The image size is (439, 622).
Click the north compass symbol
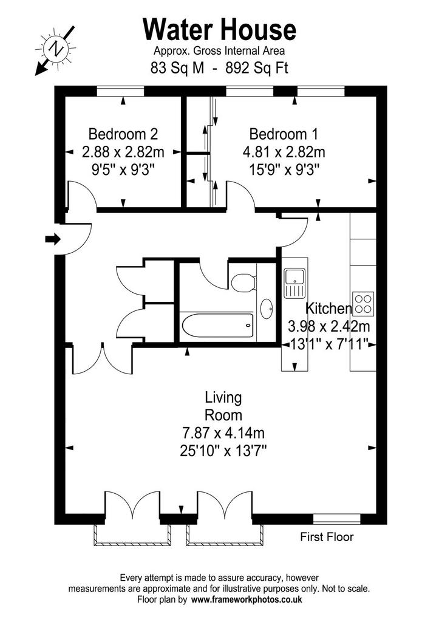[x=56, y=50]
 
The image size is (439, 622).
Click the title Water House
[x=219, y=30]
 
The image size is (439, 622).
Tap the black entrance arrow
[x=52, y=239]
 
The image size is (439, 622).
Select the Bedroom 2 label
[x=123, y=134]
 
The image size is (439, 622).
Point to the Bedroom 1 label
[x=284, y=134]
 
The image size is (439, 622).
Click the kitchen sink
[x=294, y=283]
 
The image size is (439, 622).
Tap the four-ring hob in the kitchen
[x=363, y=304]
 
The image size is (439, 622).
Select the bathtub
[x=217, y=326]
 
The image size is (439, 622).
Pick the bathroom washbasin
[x=267, y=309]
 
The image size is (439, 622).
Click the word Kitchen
[x=328, y=308]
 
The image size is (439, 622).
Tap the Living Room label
[x=223, y=406]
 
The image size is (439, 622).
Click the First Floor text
[x=327, y=537]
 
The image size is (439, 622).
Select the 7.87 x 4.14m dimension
[x=223, y=432]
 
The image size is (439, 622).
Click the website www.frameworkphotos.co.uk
[x=247, y=599]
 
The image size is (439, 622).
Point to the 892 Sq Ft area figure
[x=257, y=68]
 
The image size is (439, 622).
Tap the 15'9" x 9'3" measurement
[x=284, y=170]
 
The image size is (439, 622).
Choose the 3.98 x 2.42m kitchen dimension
[x=328, y=326]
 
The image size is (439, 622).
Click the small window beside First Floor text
[x=336, y=519]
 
